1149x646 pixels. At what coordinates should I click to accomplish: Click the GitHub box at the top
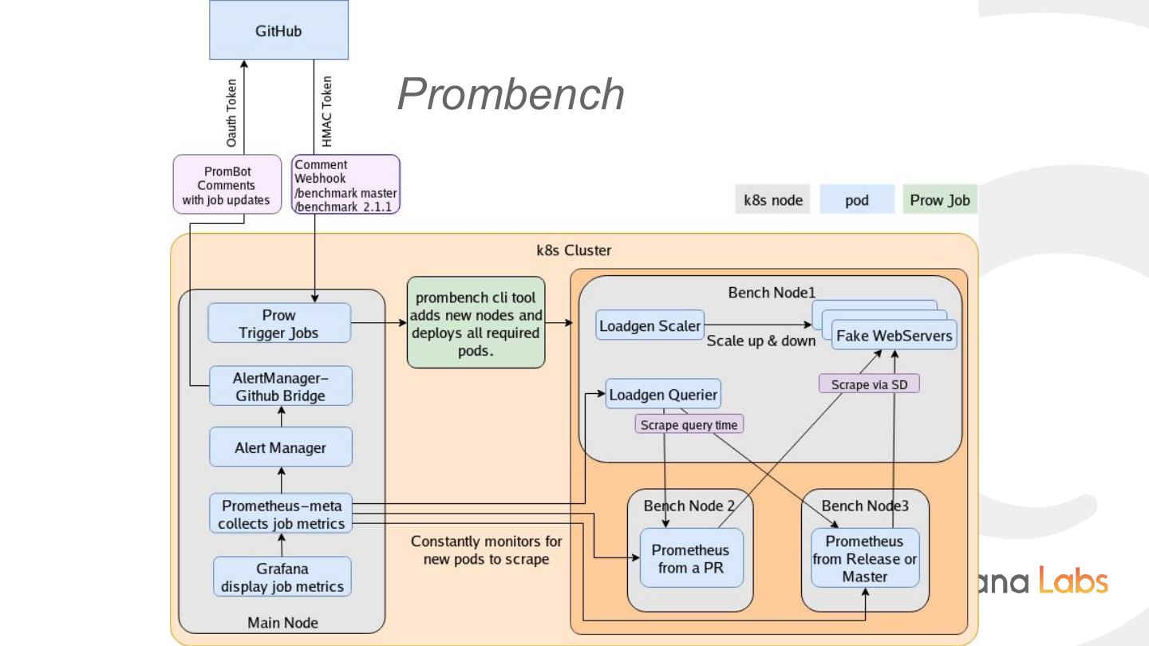click(x=278, y=30)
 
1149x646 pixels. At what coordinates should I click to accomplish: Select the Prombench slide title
click(x=511, y=94)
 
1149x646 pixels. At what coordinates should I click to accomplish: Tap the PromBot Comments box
click(x=227, y=185)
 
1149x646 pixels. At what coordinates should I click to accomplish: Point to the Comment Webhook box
click(x=345, y=185)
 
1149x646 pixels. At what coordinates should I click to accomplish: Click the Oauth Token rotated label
click(x=231, y=112)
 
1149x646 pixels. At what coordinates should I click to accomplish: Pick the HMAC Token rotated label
click(x=327, y=112)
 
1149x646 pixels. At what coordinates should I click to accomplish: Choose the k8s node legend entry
click(x=772, y=199)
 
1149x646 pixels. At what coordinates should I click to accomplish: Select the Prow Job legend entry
click(x=940, y=199)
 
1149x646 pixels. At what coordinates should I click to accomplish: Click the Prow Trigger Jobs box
click(x=279, y=323)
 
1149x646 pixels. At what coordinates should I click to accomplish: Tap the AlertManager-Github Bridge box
click(x=280, y=386)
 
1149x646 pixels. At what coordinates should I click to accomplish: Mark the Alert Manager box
click(x=280, y=447)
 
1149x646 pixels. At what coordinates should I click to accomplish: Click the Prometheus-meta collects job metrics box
click(x=281, y=514)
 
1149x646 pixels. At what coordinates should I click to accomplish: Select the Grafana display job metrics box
click(x=282, y=577)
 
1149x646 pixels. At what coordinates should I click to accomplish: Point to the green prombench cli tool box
click(x=476, y=323)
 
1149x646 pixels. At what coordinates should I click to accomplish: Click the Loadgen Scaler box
click(x=650, y=325)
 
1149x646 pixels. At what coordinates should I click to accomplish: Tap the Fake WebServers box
click(x=894, y=336)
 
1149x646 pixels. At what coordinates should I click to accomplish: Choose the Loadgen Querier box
click(x=663, y=394)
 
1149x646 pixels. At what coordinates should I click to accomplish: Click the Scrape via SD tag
click(x=869, y=384)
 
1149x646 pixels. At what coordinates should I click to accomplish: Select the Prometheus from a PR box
click(x=691, y=559)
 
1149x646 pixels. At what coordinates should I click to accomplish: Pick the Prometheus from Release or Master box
click(x=865, y=558)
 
